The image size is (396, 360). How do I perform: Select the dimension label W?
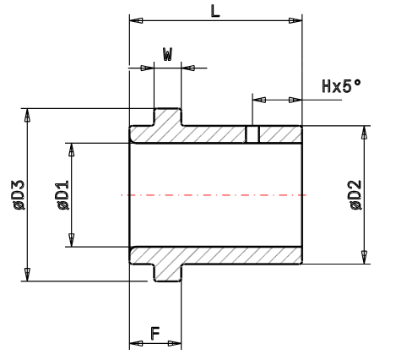167,55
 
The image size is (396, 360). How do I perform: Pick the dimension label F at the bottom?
155,334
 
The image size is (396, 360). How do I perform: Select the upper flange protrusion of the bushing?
167,117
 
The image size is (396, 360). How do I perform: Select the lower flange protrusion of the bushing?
167,272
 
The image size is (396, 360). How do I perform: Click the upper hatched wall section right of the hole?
279,135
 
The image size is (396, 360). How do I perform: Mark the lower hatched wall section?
236,255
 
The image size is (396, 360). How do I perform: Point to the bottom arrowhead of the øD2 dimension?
365,257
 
